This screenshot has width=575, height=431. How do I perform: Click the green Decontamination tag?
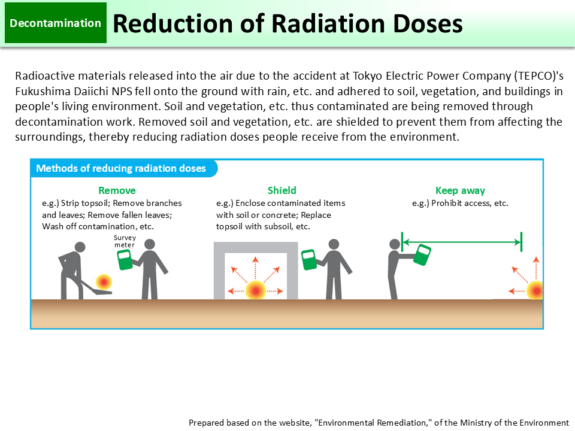tap(56, 23)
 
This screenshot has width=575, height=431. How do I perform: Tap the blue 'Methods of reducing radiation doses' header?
tap(121, 168)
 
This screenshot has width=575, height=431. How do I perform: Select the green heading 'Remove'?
tap(117, 190)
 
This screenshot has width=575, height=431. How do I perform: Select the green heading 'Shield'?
tap(282, 190)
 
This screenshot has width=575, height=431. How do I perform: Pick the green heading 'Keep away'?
tap(460, 190)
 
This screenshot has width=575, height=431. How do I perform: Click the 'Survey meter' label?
tap(125, 241)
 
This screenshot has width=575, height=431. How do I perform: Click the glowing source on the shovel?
tap(104, 281)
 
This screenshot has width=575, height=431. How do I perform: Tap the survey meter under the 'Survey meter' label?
tap(125, 260)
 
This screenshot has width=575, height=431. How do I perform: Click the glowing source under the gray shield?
tap(256, 290)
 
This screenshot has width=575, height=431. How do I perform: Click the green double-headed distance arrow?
tap(461, 242)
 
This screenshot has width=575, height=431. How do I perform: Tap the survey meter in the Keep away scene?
tap(423, 255)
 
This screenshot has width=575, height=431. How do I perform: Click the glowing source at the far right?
tap(534, 290)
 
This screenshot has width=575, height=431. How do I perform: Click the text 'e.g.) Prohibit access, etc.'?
tap(460, 203)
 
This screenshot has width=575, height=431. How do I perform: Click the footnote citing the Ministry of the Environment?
tap(379, 422)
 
